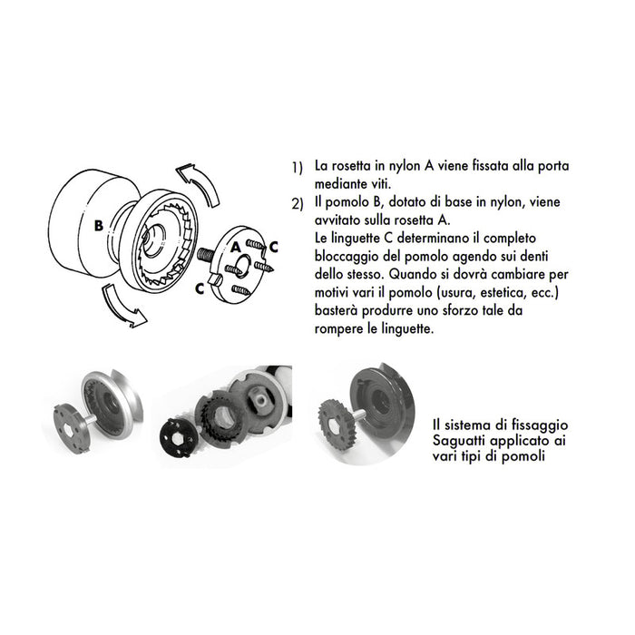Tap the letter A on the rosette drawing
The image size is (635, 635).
pos(235,246)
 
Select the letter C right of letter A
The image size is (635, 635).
pos(259,246)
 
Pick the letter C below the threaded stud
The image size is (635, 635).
pos(199,288)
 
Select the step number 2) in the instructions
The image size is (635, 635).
pos(297,203)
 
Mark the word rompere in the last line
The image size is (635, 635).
pos(341,328)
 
